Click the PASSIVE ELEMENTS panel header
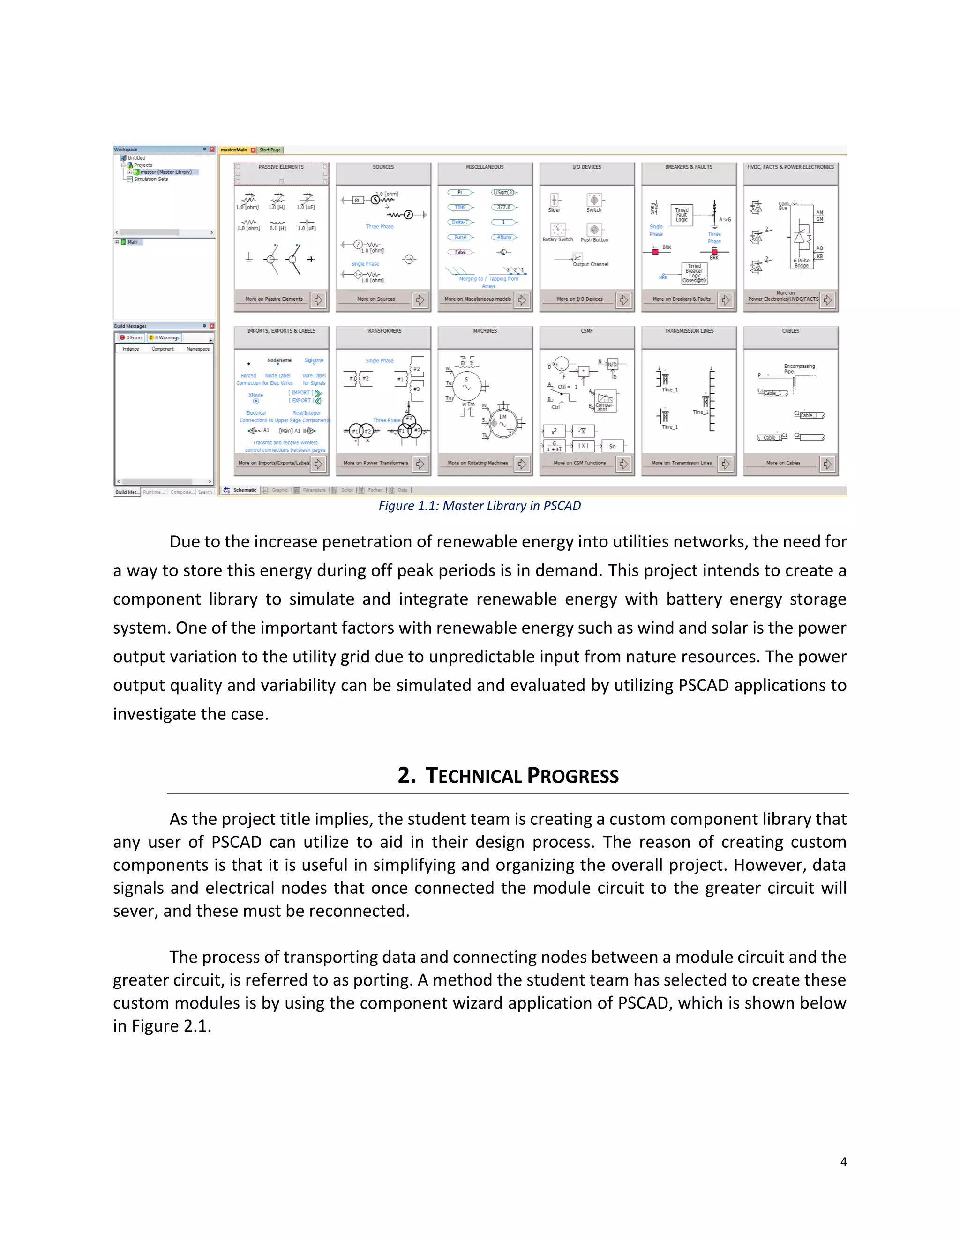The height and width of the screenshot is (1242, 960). click(281, 167)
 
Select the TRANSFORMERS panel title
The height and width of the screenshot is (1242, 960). click(383, 331)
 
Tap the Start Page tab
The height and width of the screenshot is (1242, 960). click(270, 150)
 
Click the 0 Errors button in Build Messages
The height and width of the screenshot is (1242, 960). click(131, 338)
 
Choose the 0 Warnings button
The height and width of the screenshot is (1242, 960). click(165, 338)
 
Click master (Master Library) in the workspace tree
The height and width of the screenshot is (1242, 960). click(165, 172)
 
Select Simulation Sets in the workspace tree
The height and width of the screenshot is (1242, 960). click(151, 179)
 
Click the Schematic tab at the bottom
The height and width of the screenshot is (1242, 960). click(244, 490)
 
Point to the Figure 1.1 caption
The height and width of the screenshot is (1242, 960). click(480, 506)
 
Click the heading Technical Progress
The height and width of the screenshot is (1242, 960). click(508, 776)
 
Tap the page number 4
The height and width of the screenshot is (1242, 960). click(843, 1162)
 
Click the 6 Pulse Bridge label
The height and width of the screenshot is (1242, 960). click(801, 263)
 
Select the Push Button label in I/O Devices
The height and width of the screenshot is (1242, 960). click(594, 240)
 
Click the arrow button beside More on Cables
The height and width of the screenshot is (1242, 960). click(827, 464)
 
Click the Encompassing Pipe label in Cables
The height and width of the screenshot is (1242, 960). click(799, 368)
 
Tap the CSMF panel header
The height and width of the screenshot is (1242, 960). click(586, 331)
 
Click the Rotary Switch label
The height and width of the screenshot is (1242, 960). click(557, 240)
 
